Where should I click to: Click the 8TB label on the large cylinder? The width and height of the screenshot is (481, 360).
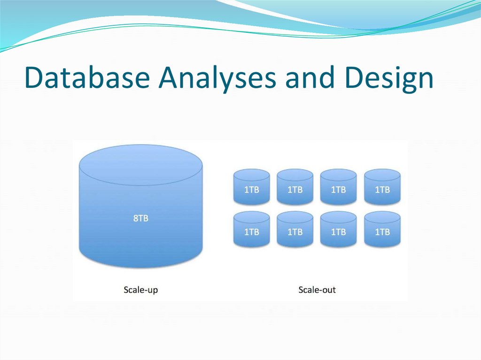(x=141, y=218)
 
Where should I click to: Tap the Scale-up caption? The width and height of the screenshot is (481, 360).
(x=141, y=290)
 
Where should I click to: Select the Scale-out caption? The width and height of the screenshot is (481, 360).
(x=317, y=290)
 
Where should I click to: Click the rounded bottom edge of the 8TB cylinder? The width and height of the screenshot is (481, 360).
(x=141, y=263)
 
